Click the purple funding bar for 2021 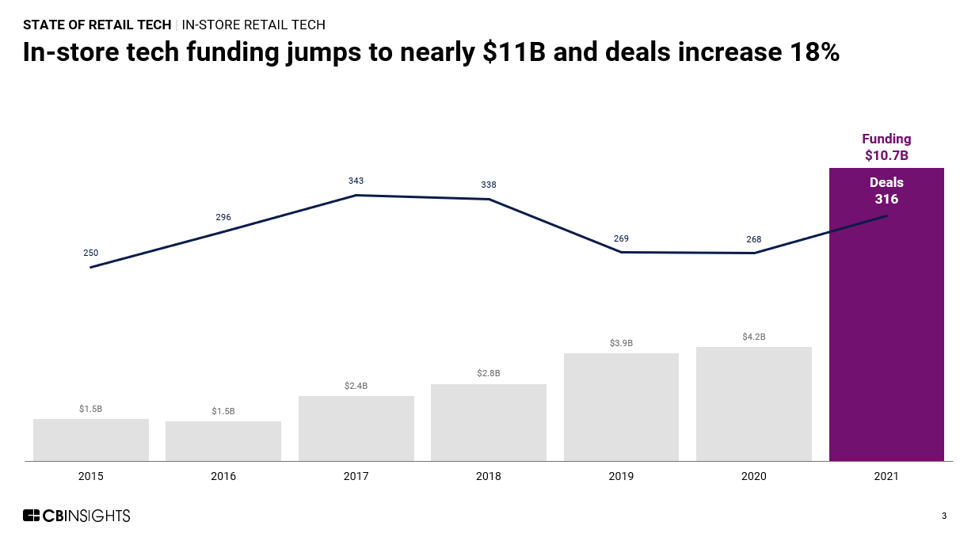click(x=886, y=333)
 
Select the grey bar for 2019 click(x=621, y=407)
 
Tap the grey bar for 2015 click(x=91, y=440)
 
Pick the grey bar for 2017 click(x=356, y=429)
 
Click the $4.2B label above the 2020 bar click(x=754, y=337)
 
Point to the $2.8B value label click(x=489, y=373)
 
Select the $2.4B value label click(x=356, y=386)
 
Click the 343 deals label click(x=356, y=181)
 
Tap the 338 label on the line click(x=489, y=185)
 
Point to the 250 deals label click(x=91, y=253)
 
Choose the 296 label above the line click(x=223, y=217)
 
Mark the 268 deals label click(x=754, y=239)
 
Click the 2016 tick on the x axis click(x=223, y=477)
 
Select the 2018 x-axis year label click(x=489, y=477)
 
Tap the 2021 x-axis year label click(x=886, y=477)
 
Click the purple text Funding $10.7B click(x=886, y=147)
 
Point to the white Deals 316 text click(x=886, y=191)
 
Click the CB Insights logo click(x=76, y=516)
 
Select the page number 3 click(x=943, y=516)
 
